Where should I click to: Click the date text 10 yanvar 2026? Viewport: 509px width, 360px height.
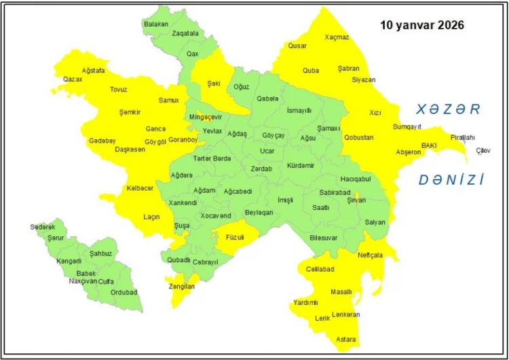(421, 25)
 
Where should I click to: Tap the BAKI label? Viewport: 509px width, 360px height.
(429, 145)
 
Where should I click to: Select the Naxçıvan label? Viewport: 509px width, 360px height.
(83, 281)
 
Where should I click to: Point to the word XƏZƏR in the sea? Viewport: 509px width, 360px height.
(448, 109)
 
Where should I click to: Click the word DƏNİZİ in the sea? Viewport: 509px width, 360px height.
(451, 180)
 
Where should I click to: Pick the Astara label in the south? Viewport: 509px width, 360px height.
(346, 339)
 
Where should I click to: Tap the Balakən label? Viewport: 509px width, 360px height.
(155, 24)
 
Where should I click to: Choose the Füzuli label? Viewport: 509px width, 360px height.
(231, 238)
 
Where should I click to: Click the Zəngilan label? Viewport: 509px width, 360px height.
(181, 287)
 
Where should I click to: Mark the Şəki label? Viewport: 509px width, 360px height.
(214, 84)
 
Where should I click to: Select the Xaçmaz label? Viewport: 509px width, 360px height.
(337, 37)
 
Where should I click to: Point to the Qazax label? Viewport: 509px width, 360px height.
(73, 79)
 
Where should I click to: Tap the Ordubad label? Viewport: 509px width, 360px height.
(124, 293)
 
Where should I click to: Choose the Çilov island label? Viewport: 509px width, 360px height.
(483, 150)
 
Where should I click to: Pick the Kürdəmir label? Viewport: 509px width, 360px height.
(301, 166)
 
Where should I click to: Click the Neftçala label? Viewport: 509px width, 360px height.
(370, 255)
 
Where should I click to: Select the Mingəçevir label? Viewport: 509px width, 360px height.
(205, 117)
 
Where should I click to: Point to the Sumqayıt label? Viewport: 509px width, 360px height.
(407, 127)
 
